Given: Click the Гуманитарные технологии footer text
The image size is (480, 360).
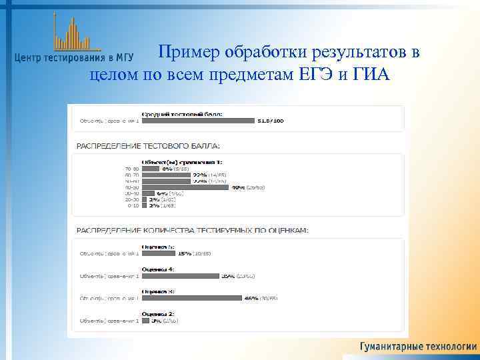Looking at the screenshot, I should (x=418, y=347).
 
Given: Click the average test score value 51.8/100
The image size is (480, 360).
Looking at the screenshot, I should (x=270, y=121).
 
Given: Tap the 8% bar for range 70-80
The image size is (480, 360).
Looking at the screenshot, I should (x=150, y=169).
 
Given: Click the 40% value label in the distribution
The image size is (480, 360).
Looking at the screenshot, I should (x=247, y=187).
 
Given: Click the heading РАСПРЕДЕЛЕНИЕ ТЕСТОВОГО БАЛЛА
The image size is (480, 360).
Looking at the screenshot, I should (x=149, y=145).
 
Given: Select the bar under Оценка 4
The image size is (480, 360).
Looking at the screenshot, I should (x=179, y=275).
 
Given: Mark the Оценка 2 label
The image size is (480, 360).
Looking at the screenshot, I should (x=158, y=313).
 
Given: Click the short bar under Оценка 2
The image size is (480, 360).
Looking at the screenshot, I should (x=145, y=321).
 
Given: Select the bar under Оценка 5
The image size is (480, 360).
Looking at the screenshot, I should (x=158, y=253).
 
